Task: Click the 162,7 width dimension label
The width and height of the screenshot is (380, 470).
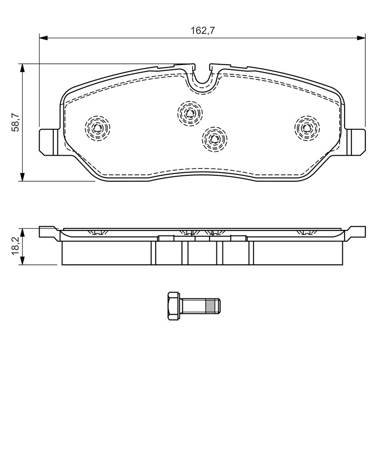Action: click(x=203, y=31)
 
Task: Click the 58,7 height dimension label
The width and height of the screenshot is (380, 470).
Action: click(x=16, y=122)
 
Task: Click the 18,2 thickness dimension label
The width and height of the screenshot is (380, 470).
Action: click(x=16, y=246)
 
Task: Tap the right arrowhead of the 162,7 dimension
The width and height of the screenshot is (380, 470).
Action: click(x=361, y=38)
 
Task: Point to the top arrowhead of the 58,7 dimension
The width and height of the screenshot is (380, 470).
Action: click(x=22, y=68)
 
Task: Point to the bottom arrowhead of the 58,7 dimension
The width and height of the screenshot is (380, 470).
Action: click(x=22, y=177)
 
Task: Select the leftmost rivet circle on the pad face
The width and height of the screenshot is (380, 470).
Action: click(x=97, y=128)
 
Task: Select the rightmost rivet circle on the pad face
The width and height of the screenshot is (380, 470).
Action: click(x=307, y=128)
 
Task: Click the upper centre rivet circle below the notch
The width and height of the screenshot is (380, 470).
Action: click(x=190, y=113)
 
